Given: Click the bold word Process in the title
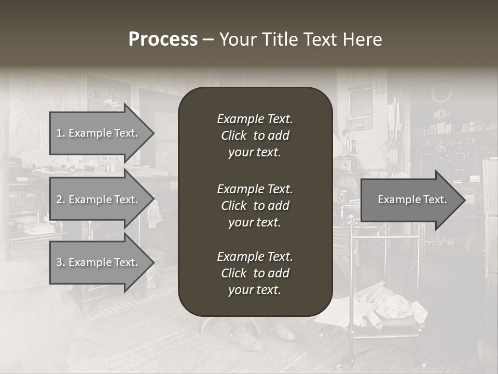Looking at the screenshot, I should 163,39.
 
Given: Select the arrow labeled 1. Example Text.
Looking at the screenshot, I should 99,133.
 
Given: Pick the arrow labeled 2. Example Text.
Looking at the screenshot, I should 99,199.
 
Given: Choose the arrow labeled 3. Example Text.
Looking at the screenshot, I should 99,262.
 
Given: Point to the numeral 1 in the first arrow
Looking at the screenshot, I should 59,133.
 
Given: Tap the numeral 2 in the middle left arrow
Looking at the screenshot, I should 59,199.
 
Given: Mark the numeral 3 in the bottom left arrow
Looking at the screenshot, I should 59,262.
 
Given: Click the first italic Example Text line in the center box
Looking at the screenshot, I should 255,119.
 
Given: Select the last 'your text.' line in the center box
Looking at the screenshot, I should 255,290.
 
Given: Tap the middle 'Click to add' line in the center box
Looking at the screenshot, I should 255,206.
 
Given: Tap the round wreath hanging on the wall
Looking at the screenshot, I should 441,94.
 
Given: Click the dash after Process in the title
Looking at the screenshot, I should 208,39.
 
